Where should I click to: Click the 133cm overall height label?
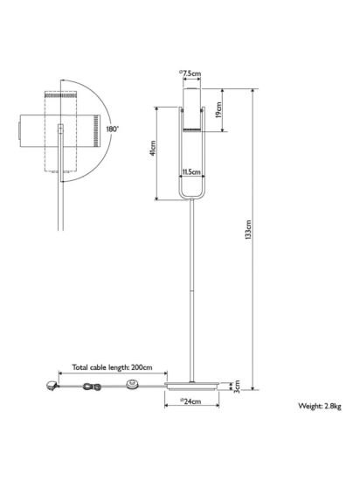click(x=248, y=230)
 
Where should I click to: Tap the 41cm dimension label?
click(x=153, y=149)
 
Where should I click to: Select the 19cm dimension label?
click(x=218, y=110)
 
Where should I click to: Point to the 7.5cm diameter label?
click(x=190, y=73)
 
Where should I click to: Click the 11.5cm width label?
click(x=191, y=171)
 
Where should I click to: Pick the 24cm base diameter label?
click(x=190, y=401)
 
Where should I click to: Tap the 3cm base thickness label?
click(x=237, y=387)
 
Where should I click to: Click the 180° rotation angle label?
click(x=112, y=129)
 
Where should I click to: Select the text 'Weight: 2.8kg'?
click(x=320, y=406)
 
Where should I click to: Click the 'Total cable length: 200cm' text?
click(x=112, y=367)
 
